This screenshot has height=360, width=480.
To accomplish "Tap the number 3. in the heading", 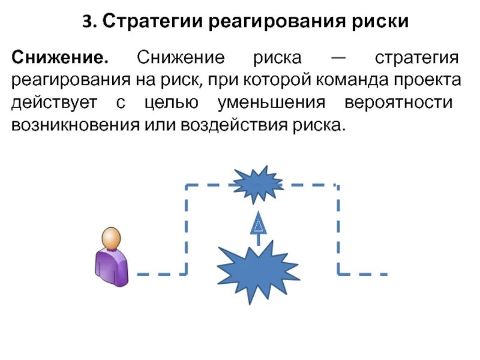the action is click(89, 22).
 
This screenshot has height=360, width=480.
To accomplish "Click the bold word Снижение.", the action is click(59, 59).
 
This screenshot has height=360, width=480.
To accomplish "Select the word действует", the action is click(54, 102).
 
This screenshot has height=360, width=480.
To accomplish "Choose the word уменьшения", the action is click(271, 102).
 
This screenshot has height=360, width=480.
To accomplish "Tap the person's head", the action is click(110, 239).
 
